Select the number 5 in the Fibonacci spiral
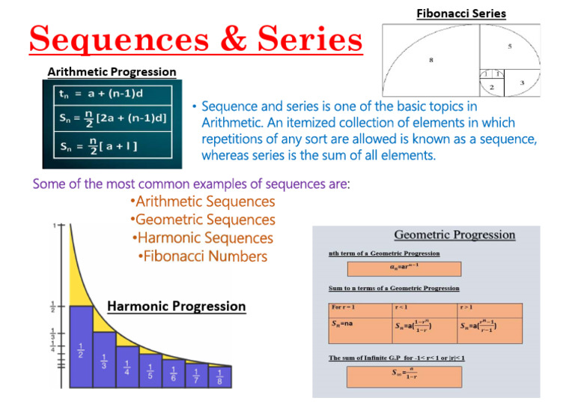pos(509,46)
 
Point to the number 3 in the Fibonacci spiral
pos(522,82)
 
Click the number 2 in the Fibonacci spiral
pos(492,88)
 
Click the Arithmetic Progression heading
pos(112,72)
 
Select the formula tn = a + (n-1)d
pos(103,95)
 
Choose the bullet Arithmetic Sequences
pos(202,202)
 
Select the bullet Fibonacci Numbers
pos(202,256)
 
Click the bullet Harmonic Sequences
pos(202,238)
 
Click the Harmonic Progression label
pos(177,306)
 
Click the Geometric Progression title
pos(454,235)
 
